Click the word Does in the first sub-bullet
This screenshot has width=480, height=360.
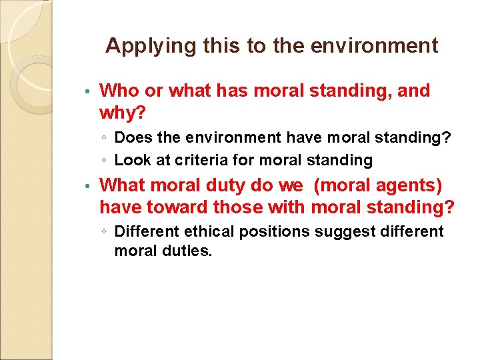(131, 138)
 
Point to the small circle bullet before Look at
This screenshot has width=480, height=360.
(106, 161)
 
